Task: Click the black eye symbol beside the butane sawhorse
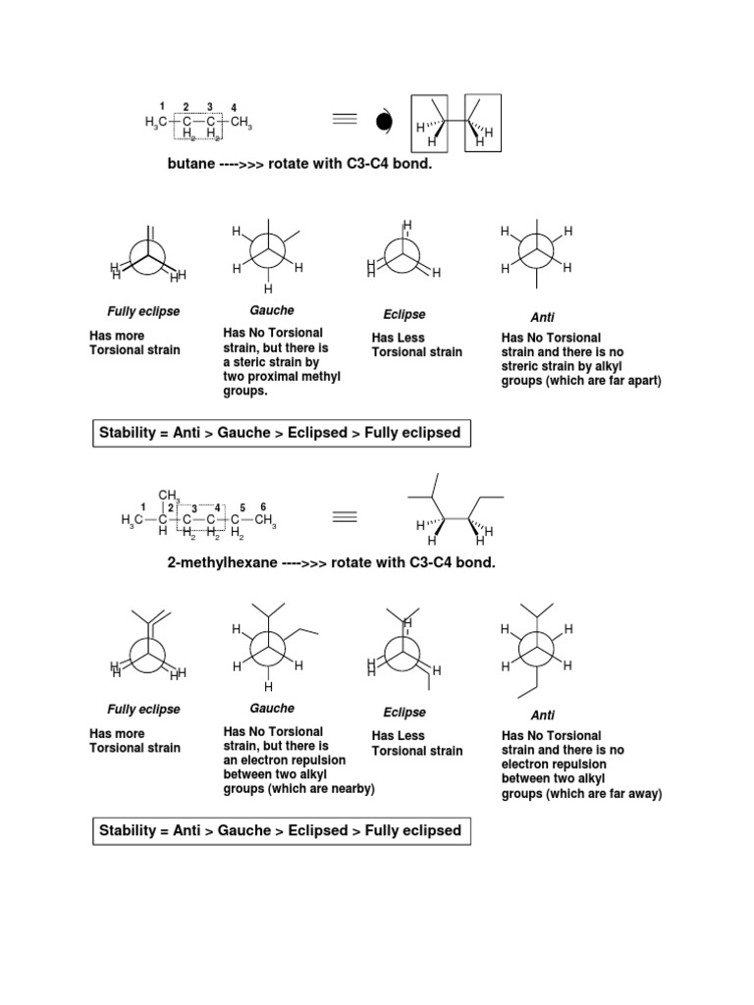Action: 382,123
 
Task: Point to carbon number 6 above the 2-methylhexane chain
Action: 263,506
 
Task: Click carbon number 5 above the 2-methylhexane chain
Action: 242,506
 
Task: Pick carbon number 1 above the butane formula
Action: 161,104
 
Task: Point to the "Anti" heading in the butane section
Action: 543,318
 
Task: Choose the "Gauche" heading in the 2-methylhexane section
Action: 272,708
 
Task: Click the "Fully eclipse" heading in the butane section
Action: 143,311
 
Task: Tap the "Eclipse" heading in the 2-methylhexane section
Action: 404,713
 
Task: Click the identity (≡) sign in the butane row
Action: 343,120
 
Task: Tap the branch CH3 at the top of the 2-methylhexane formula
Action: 169,494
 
